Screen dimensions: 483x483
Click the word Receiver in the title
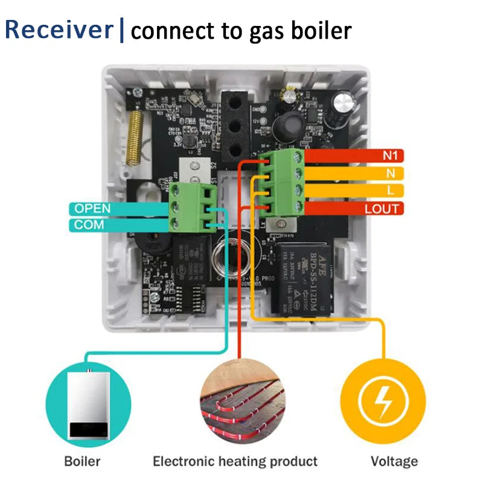coord(59,30)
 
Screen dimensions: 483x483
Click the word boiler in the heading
coord(322,30)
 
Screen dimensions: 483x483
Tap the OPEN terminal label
coord(92,208)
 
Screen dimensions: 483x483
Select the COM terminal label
coord(89,225)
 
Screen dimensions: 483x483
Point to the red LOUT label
coord(382,209)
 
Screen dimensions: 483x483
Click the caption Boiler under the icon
coord(83,462)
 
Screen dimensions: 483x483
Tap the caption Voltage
coord(394,462)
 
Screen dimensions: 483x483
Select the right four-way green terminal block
coord(283,184)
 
